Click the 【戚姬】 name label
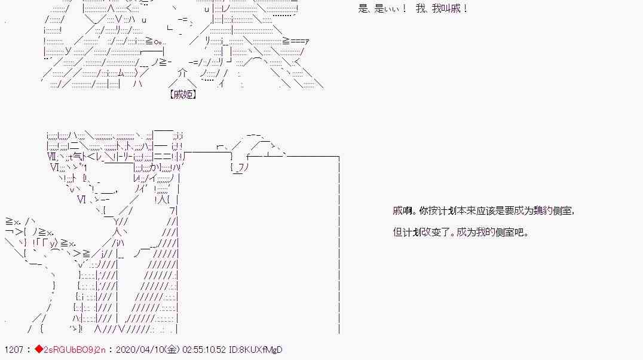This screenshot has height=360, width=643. (x=183, y=94)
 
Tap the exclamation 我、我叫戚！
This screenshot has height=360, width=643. (x=442, y=9)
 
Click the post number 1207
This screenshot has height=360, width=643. (x=13, y=350)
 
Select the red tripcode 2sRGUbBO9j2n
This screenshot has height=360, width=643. (x=75, y=350)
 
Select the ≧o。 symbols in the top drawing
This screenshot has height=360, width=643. (x=157, y=41)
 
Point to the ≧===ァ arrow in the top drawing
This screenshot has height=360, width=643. (x=296, y=41)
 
